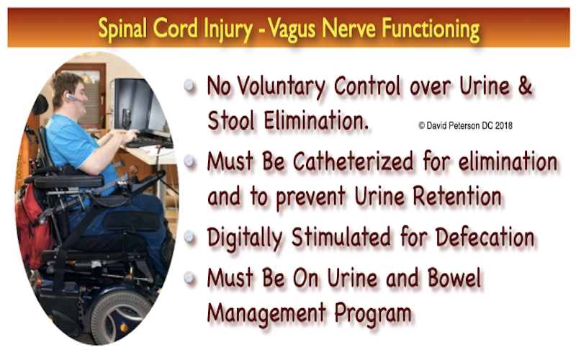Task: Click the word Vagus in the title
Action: coord(292,30)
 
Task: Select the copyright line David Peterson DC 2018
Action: coord(465,125)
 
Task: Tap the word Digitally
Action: coord(245,238)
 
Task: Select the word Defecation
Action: coord(485,237)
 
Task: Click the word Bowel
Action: coord(454,278)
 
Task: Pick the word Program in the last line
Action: coord(372,314)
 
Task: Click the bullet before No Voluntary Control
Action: coord(189,86)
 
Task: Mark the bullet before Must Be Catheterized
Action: coord(189,161)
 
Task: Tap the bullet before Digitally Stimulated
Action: coord(189,237)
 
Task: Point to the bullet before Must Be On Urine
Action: coord(189,277)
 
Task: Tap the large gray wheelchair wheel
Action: coord(122,317)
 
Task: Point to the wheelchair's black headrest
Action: coord(40,105)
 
